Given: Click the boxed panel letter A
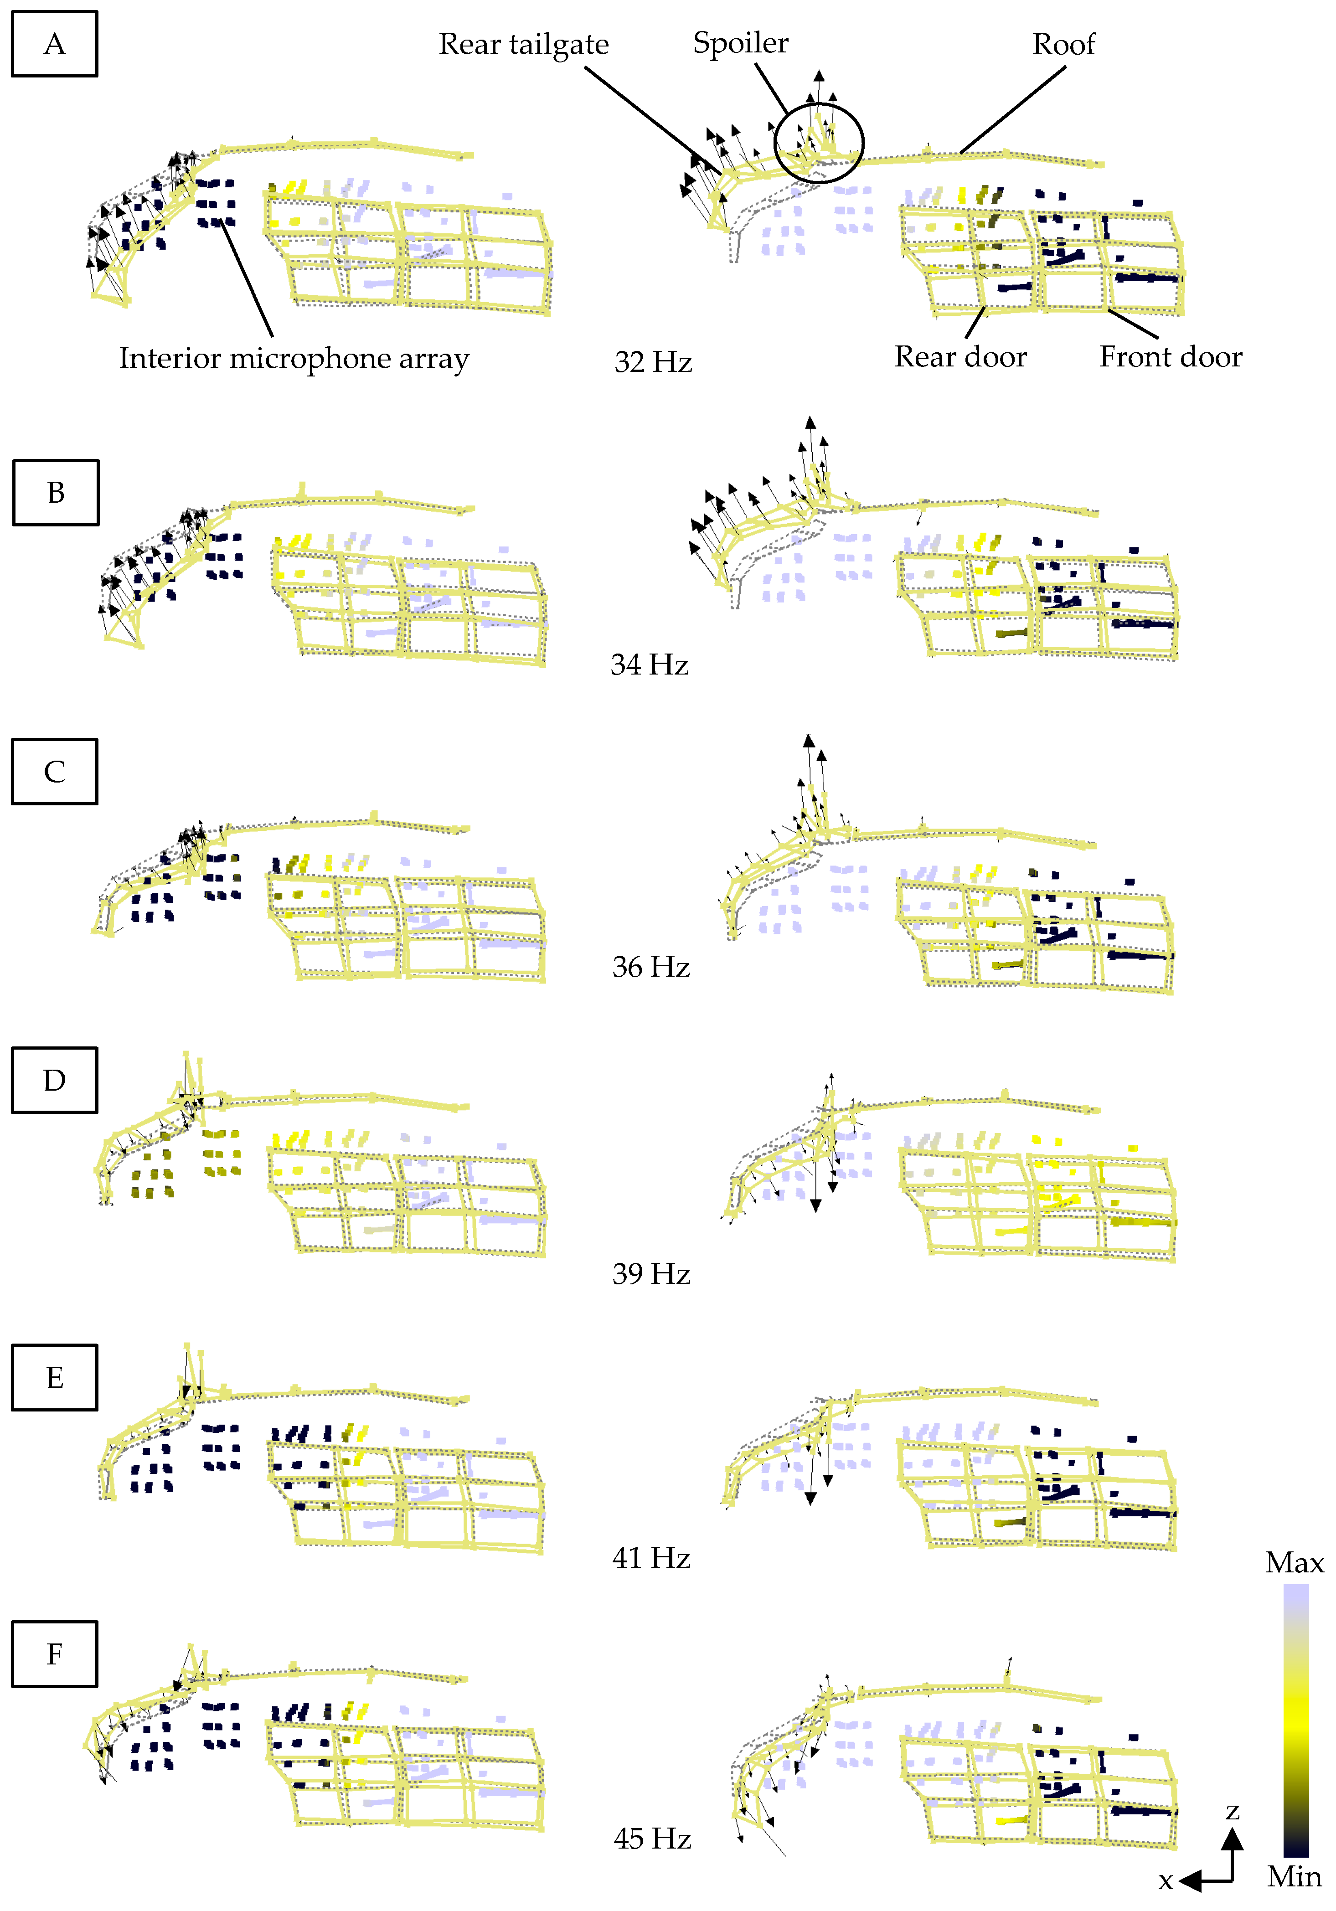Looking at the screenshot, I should [x=54, y=44].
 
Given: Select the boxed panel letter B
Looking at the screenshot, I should [x=56, y=493].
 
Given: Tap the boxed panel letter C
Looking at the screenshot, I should [x=54, y=772].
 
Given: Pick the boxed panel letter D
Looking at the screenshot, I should [x=54, y=1080].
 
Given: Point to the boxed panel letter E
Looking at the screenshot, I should [x=54, y=1377].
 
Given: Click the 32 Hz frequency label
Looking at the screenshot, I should [x=653, y=362].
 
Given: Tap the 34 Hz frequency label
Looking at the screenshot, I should [x=649, y=664].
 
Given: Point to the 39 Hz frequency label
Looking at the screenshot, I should [x=651, y=1273].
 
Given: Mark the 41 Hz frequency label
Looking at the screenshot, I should [x=651, y=1557].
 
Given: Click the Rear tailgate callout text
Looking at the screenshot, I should [x=524, y=44].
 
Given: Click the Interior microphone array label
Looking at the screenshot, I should [x=294, y=358].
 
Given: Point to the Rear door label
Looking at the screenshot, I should [x=960, y=356].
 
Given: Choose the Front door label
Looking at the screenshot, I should [x=1171, y=356].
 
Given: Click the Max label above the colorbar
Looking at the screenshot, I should [x=1295, y=1562].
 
